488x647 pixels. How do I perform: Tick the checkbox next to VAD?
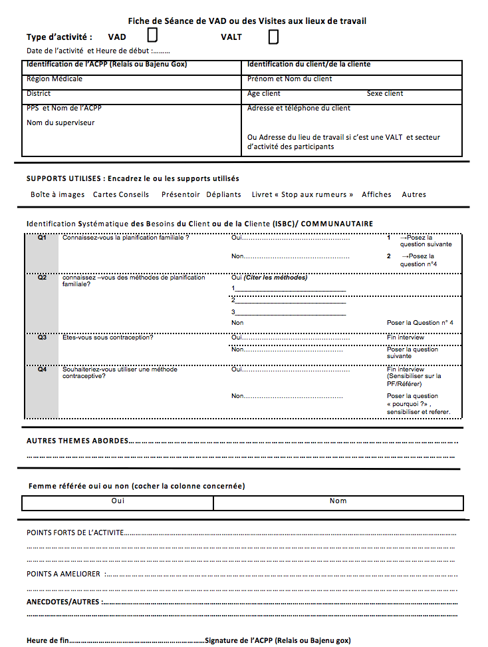tap(152, 35)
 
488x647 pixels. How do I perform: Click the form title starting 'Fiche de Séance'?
tap(247, 21)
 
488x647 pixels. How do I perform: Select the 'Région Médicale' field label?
tap(55, 79)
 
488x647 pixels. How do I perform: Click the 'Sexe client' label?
tap(385, 94)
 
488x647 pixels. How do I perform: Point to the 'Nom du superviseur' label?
tap(61, 122)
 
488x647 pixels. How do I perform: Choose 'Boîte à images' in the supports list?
tap(58, 194)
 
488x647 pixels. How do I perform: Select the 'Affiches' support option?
tap(376, 194)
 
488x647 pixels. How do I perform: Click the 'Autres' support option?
tap(414, 194)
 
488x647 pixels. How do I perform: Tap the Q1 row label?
tap(42, 238)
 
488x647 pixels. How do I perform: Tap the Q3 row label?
tap(42, 337)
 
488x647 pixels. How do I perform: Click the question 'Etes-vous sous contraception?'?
tap(108, 337)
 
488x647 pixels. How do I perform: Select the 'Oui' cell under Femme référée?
tap(118, 501)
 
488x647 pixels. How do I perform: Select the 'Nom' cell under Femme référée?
tap(338, 501)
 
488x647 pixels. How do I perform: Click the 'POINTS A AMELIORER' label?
tap(64, 574)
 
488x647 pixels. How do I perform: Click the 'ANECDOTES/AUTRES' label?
tap(63, 602)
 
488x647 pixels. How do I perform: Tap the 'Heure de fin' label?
tap(47, 640)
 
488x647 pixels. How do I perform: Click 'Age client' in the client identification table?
tap(264, 94)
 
